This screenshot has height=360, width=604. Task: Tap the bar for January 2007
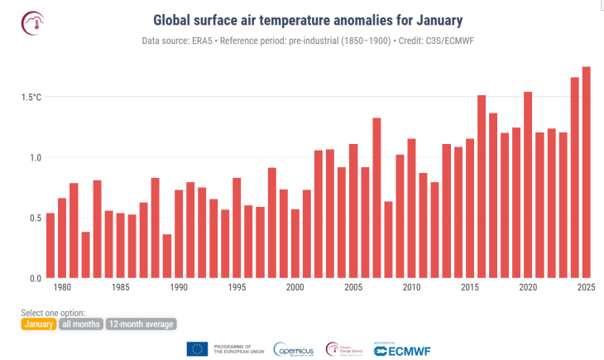pos(376,198)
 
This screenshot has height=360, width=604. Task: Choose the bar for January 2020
pos(528,185)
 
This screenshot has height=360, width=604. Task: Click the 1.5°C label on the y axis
pos(31,98)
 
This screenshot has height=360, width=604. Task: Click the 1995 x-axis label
pos(237,288)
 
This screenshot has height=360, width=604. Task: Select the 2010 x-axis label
pos(411,288)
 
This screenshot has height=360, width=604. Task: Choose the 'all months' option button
pos(81,324)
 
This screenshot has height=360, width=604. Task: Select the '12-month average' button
pos(141,324)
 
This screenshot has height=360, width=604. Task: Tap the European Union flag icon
pos(197,349)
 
